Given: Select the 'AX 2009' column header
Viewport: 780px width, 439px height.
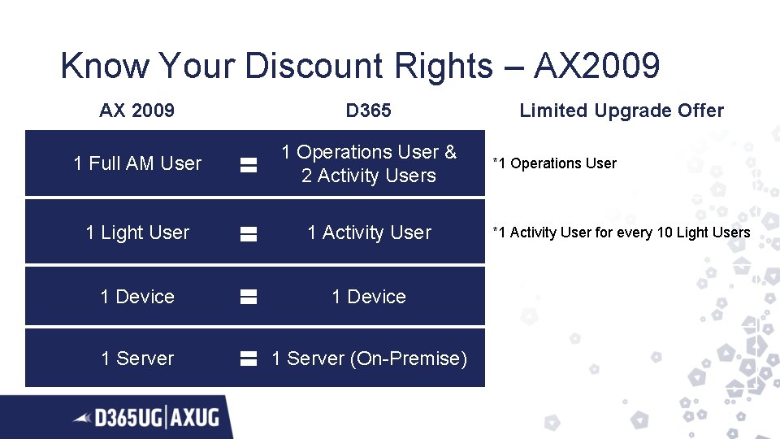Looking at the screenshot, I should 136,111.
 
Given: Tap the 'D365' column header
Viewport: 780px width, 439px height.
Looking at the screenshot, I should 368,111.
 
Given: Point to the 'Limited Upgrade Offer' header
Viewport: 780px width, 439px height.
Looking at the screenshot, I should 622,111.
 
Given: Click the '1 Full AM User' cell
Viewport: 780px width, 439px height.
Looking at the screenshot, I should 137,163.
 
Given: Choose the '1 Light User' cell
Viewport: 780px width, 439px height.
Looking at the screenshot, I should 137,233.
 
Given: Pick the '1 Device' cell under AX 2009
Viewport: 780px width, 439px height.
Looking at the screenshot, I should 137,297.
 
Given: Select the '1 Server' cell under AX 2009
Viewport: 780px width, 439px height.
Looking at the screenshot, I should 137,359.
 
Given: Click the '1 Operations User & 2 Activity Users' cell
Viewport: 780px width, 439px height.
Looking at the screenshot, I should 369,163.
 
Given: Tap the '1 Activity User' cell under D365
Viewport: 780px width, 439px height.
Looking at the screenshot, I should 369,233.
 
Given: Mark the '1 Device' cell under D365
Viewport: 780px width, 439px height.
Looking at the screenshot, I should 369,297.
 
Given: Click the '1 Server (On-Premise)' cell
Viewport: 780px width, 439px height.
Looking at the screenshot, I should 369,359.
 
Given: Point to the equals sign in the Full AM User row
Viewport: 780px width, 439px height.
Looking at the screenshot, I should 249,165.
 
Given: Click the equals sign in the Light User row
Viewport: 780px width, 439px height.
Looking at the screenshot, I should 249,234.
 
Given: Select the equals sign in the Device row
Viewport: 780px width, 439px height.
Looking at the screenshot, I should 249,298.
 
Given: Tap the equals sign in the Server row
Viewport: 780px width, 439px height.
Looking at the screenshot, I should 249,359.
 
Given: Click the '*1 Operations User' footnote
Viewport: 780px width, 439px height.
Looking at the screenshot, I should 555,163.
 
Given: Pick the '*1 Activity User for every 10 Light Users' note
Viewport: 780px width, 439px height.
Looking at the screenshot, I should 622,233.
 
